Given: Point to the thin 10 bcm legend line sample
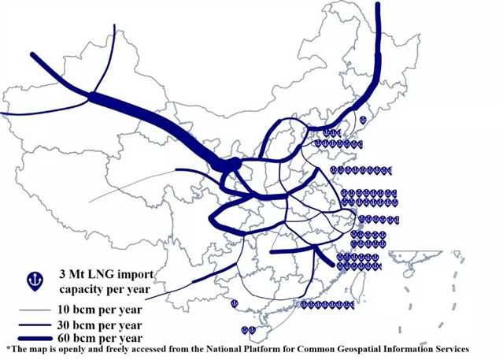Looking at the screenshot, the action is click(35, 310).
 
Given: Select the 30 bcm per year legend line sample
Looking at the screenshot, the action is click(35, 325).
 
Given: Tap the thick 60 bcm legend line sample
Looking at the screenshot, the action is click(35, 339).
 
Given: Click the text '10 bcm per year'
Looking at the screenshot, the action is click(100, 310).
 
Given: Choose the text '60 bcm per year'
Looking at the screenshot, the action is click(100, 338).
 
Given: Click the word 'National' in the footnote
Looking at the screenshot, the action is click(221, 349).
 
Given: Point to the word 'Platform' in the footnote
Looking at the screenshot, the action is click(253, 349).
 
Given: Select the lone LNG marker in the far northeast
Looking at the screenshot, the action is click(363, 121).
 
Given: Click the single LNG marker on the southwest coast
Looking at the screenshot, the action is click(235, 303).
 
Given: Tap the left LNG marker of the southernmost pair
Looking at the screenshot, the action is click(245, 330).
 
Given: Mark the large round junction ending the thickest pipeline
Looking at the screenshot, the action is click(233, 164).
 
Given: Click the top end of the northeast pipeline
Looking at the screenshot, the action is click(378, 4).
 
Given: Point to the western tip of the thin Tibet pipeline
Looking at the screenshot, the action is click(89, 202).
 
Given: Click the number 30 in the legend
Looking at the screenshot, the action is click(64, 325).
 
